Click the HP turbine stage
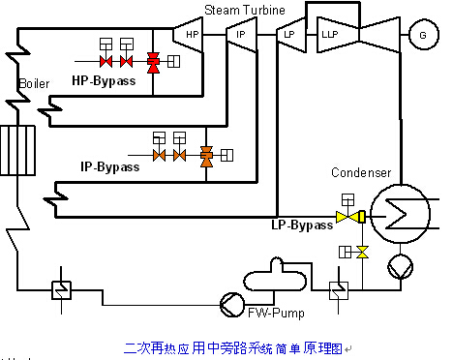tap(189, 35)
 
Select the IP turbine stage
tap(242, 35)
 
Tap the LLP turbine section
tap(338, 35)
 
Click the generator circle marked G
tap(424, 35)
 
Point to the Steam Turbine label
tap(245, 10)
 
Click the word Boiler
tap(34, 83)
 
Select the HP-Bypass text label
tap(104, 80)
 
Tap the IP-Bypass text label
tap(110, 166)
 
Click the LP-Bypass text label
tap(302, 225)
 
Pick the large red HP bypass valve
tap(153, 63)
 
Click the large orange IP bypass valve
tap(206, 157)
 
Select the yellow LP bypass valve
tap(350, 217)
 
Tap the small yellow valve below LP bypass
tap(362, 252)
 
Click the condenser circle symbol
tap(400, 214)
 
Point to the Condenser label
tap(361, 172)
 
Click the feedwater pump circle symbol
tap(232, 305)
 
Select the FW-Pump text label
tap(276, 313)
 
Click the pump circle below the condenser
tap(400, 266)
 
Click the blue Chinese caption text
tap(233, 348)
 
